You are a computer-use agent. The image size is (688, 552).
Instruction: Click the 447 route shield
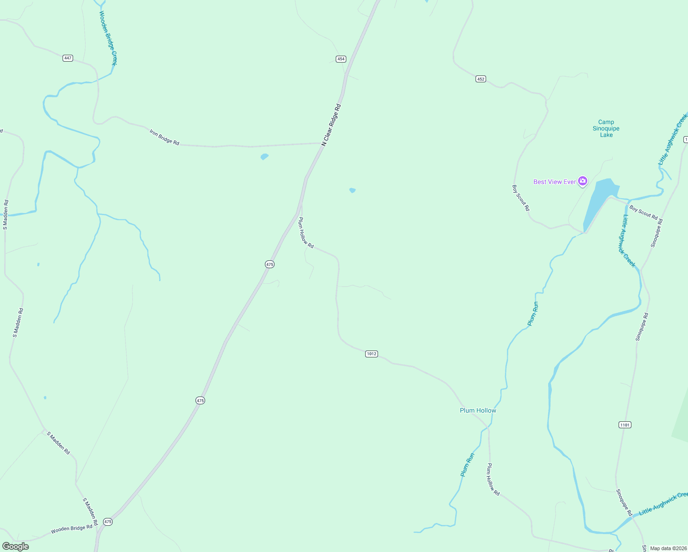68,58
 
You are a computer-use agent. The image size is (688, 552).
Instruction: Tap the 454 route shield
341,59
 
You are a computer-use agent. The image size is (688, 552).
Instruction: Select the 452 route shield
481,79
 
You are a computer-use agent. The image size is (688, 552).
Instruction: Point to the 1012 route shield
372,354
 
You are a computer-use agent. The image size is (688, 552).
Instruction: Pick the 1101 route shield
625,425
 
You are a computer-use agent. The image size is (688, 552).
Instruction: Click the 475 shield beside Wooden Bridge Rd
108,522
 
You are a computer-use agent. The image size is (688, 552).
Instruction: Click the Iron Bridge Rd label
164,137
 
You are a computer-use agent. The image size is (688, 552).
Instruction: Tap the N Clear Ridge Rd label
331,125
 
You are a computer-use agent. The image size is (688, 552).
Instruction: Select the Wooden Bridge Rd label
71,529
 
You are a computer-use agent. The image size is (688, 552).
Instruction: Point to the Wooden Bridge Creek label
109,38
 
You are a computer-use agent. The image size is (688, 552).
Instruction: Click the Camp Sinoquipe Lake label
606,129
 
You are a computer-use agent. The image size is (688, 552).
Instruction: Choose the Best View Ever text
555,182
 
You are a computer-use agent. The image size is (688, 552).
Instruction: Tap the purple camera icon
583,181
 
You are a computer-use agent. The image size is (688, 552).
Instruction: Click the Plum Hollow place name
478,410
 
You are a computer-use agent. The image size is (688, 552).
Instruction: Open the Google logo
16,546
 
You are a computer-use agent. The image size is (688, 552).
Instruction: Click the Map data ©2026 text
668,548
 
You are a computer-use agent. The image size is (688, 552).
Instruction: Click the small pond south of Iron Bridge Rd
264,156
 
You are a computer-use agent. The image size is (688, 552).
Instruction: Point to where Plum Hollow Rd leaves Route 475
298,213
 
